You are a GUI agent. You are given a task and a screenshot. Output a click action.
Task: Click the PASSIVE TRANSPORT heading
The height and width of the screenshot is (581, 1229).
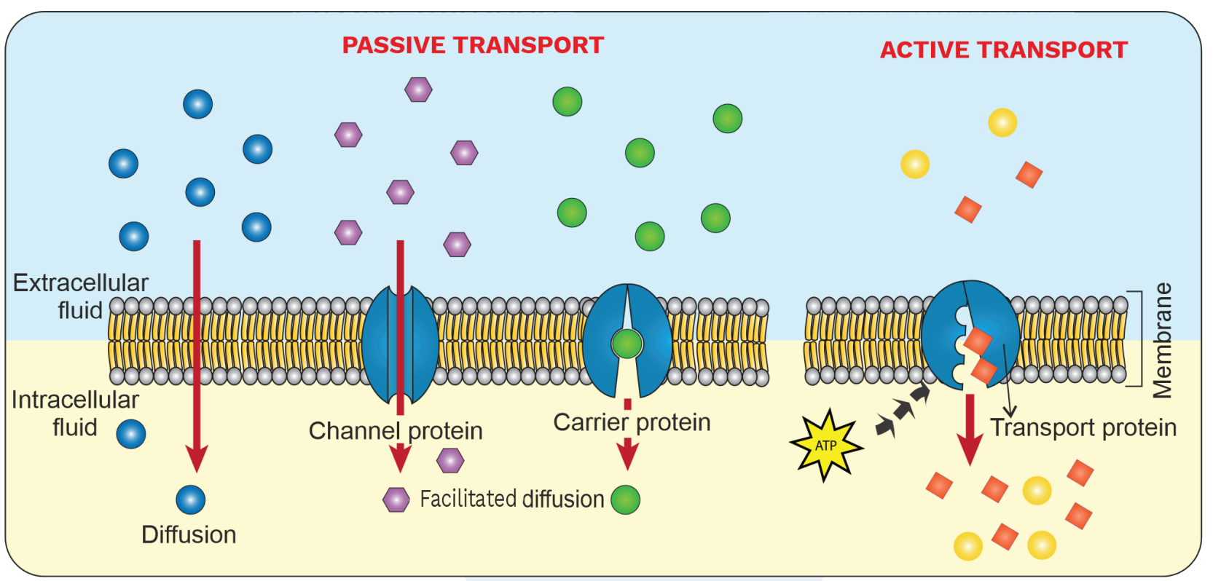point(473,46)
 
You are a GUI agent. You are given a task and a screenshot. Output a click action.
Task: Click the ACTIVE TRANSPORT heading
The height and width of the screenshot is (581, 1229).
point(1004,50)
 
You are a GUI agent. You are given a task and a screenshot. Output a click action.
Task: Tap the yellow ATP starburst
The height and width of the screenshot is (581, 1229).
point(826,445)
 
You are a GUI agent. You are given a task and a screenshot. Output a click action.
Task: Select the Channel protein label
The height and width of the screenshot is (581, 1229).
point(395,431)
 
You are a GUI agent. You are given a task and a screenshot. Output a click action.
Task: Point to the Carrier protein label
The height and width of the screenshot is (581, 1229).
point(632,422)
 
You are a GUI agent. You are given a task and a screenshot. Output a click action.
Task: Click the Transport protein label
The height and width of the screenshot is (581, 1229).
point(1083,427)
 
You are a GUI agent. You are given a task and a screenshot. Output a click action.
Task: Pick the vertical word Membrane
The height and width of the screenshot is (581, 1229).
point(1163,340)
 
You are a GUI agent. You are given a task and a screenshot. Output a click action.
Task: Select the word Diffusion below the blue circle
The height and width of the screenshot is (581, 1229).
point(189,535)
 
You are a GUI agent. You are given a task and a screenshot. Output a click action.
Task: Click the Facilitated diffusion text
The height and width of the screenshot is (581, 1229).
point(512,499)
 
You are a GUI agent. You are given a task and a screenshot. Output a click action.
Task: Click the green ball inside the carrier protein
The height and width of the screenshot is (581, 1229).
point(627,344)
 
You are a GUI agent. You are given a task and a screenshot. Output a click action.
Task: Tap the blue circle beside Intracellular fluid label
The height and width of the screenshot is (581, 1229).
point(131,434)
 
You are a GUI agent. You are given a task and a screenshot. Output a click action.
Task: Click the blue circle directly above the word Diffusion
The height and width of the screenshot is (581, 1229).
point(191,499)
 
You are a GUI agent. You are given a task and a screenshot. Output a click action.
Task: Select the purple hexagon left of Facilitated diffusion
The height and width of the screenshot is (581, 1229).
point(396,499)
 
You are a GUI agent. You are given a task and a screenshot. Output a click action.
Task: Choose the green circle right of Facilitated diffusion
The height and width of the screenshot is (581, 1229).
point(625,499)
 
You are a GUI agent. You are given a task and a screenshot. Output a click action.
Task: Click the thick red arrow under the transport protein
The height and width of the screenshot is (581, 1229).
point(970,430)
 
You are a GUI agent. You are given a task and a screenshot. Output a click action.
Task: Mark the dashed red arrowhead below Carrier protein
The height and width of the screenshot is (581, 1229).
point(627,455)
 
